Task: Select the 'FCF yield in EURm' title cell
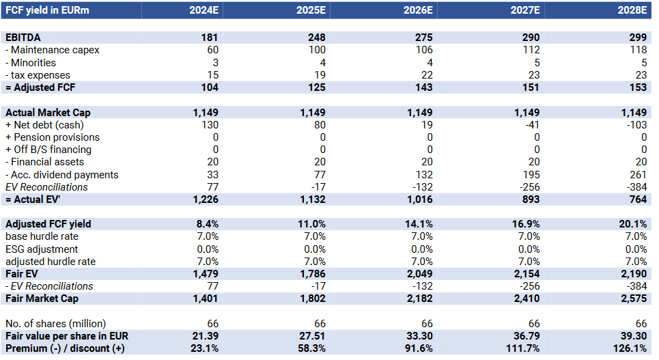47,10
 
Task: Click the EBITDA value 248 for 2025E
316,38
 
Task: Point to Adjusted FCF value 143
423,87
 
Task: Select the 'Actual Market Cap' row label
48,112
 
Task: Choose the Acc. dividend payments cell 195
530,175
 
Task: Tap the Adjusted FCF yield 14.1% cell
419,224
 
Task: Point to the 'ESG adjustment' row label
42,249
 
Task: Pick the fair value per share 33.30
419,336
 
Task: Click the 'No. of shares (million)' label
56,323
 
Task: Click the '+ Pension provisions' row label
53,137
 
